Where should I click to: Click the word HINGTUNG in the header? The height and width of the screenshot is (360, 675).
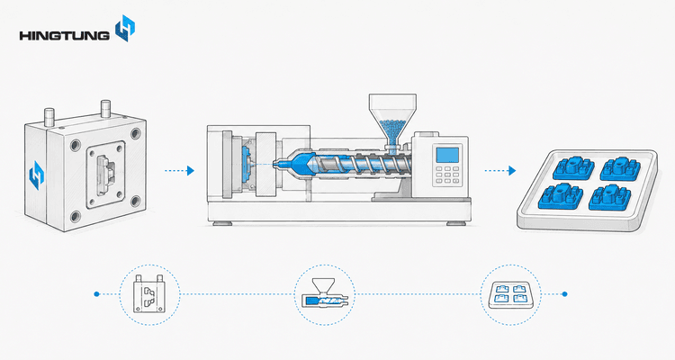[x=64, y=35]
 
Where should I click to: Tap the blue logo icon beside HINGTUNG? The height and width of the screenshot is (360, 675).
[x=125, y=28]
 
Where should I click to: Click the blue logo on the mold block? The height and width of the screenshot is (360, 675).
[x=37, y=175]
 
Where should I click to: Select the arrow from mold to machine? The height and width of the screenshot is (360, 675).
[x=179, y=171]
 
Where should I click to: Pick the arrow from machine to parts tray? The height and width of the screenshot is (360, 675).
[x=500, y=171]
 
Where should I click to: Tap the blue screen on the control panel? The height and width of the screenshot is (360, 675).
[x=447, y=155]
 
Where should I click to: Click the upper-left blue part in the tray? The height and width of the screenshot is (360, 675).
[x=573, y=168]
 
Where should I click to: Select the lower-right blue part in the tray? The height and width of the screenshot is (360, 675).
[x=610, y=198]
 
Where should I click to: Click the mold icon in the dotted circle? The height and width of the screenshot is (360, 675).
[x=148, y=293]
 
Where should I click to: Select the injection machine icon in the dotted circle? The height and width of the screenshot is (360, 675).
[x=324, y=294]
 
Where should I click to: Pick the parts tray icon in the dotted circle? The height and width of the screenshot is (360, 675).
[x=510, y=294]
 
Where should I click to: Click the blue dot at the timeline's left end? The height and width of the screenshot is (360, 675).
[x=96, y=294]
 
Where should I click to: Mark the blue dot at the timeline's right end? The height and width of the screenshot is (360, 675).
[x=565, y=294]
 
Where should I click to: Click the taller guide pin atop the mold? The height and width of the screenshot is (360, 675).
[x=105, y=109]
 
